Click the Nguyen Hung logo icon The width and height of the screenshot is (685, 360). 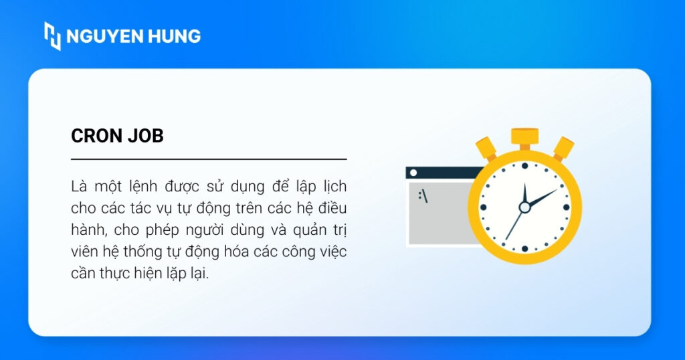point(52,36)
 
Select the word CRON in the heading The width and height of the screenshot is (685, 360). point(96,136)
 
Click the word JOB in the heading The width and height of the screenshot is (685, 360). point(145,136)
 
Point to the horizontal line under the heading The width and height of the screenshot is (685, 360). point(209,159)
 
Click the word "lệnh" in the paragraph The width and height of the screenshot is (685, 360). point(142,187)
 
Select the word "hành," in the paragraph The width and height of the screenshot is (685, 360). point(89,230)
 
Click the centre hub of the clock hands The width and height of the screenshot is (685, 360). point(524,207)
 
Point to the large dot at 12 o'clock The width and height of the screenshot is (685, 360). point(524,165)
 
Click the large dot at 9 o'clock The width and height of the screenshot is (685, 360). point(483,207)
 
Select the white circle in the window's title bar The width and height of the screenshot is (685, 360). point(413,173)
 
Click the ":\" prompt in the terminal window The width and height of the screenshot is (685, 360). point(423,196)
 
